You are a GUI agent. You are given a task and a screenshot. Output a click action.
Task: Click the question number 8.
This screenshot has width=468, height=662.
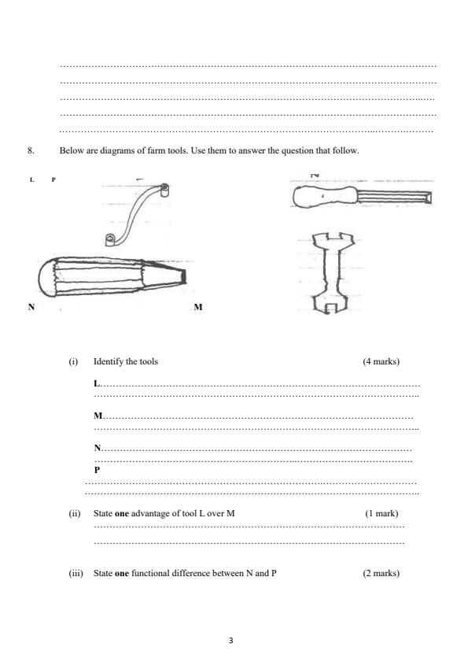click(31, 150)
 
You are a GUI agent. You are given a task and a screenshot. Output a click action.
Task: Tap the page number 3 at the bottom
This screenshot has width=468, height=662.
click(231, 640)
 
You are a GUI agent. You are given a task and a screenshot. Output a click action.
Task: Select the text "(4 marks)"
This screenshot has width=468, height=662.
click(381, 362)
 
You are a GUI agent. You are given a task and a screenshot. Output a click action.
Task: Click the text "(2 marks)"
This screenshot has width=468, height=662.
click(381, 573)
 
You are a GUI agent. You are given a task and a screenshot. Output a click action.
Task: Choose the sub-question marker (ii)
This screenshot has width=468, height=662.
click(75, 514)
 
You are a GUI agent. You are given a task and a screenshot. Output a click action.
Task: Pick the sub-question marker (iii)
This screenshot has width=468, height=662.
click(76, 573)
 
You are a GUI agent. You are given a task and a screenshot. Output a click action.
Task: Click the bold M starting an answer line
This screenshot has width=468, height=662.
click(98, 415)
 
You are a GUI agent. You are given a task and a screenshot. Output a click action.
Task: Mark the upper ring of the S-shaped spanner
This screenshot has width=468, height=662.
click(164, 189)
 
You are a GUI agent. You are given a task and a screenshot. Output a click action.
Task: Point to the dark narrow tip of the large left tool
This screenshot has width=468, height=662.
click(183, 276)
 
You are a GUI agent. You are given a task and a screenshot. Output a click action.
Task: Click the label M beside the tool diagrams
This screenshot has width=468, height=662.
click(197, 307)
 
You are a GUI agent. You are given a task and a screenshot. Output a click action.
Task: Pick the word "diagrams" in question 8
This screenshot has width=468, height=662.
click(109, 150)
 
